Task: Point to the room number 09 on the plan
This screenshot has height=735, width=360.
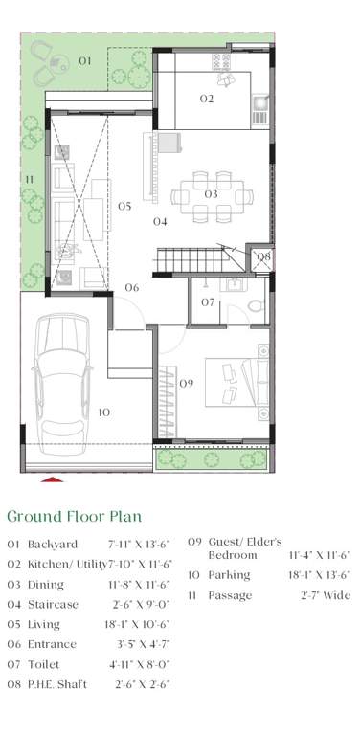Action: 187,384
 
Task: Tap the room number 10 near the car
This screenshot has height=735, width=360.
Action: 103,412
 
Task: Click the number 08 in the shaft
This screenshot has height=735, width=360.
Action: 263,256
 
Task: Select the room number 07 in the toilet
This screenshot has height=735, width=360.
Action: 208,302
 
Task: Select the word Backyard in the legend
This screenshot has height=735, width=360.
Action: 45,545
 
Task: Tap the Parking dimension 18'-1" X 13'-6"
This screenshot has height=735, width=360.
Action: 320,575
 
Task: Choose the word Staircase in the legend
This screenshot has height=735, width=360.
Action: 46,604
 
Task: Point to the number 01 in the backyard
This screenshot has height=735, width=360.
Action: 84,60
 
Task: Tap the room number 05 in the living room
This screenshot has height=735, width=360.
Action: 124,206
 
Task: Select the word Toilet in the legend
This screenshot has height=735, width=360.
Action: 40,664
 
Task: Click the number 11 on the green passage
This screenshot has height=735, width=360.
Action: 30,179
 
